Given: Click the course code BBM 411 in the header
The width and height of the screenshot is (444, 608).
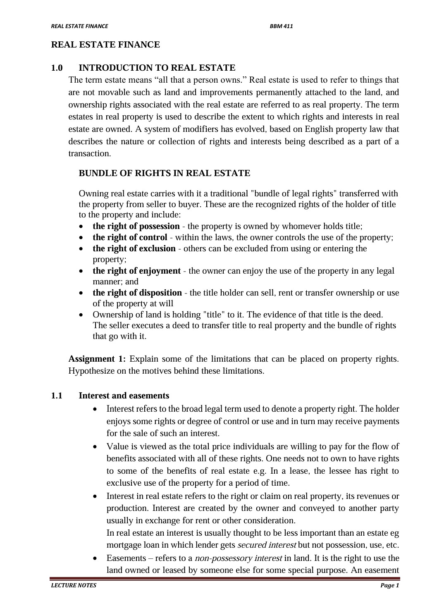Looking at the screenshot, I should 281,26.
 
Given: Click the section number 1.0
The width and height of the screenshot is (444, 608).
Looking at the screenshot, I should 57,68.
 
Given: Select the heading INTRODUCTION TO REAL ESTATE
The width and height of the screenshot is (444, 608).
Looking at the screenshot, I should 157,68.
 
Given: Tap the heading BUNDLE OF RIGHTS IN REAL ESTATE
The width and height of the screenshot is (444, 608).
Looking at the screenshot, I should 164,173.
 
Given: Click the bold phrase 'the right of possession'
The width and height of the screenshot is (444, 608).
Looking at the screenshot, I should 136,226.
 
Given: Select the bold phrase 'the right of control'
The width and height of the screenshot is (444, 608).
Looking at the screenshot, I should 130,237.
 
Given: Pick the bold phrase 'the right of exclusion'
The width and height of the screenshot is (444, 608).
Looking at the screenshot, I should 134,248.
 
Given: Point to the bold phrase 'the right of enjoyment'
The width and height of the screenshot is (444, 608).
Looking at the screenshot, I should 136,271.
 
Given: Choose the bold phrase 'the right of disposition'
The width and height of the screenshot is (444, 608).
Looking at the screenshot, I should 137,293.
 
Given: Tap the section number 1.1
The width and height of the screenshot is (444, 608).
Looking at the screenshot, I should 57,396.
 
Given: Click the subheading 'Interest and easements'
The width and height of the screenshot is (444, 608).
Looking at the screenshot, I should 124,396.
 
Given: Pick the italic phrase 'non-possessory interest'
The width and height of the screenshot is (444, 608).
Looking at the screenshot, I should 238,558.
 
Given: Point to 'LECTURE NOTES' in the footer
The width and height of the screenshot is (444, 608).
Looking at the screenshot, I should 73,585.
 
